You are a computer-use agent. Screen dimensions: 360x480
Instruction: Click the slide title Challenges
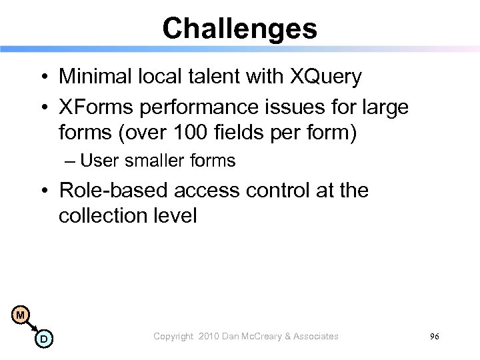pos(239,28)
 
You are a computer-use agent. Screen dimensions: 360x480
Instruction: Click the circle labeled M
pos(21,315)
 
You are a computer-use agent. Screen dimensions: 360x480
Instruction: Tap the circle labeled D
pos(43,339)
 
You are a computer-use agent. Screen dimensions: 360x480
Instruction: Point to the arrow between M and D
pos(32,327)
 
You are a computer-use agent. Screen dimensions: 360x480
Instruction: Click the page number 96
pos(435,337)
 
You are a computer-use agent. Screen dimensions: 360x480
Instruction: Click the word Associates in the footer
pos(315,337)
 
